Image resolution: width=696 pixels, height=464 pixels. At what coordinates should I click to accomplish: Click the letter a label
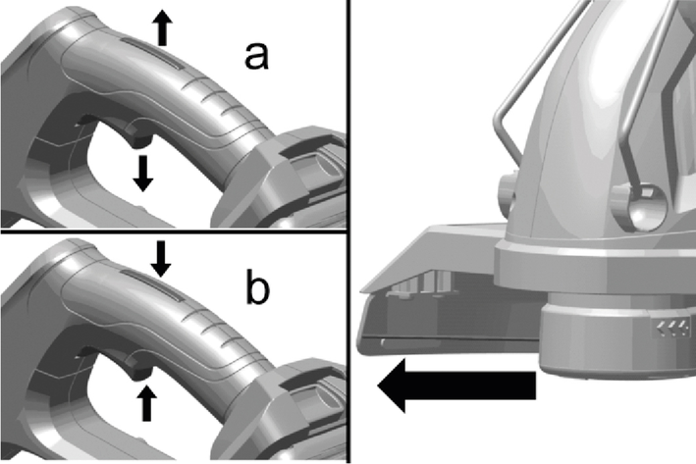[x=256, y=56]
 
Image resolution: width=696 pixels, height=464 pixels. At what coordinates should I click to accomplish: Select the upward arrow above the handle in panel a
[x=163, y=27]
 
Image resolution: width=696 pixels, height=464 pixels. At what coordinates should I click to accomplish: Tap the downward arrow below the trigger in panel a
[x=143, y=173]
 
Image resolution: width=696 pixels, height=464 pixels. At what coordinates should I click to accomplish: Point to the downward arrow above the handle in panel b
[x=161, y=259]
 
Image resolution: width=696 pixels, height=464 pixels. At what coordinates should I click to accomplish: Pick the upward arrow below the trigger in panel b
[x=146, y=403]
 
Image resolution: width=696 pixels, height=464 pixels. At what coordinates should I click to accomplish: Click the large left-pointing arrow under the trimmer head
[x=457, y=386]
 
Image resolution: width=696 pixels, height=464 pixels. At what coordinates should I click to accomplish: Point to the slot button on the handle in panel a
[x=152, y=53]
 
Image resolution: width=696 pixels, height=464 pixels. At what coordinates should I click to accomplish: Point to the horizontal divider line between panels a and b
[x=173, y=232]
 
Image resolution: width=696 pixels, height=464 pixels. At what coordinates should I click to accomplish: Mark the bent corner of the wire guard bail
[x=498, y=121]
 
